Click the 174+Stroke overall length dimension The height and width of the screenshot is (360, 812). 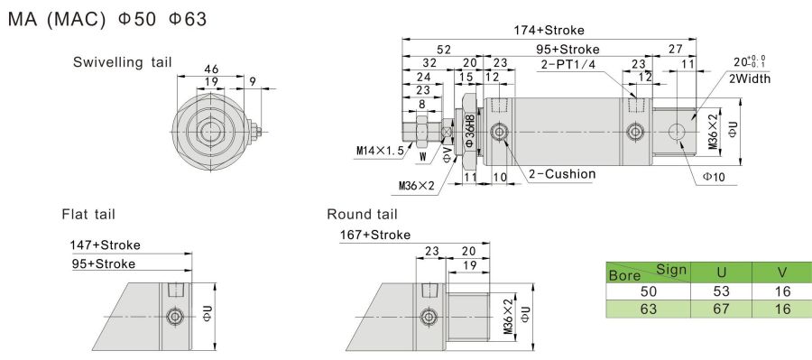(x=549, y=30)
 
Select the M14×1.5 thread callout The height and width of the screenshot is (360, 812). (x=380, y=151)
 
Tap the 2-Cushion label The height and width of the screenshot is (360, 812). (x=562, y=174)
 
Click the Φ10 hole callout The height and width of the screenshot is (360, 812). (x=714, y=177)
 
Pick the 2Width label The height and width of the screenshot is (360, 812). (x=750, y=78)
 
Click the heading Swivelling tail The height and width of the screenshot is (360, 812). (x=122, y=62)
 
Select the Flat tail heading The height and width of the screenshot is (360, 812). (x=88, y=214)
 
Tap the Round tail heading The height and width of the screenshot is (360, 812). (x=362, y=214)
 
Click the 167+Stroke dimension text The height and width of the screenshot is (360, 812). (x=375, y=235)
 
